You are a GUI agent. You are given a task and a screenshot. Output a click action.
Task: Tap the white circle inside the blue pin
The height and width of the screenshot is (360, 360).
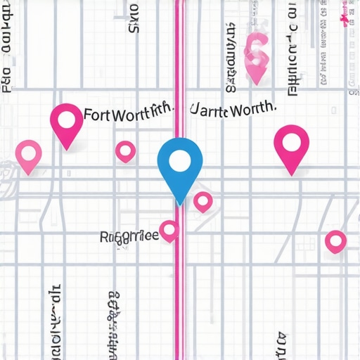(x=180, y=161)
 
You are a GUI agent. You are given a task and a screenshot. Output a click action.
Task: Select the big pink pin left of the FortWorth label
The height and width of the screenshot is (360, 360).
(x=67, y=124)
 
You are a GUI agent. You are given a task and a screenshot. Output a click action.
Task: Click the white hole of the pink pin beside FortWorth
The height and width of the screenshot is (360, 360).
(x=67, y=119)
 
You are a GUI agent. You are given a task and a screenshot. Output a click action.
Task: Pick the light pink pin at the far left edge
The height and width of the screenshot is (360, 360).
(x=28, y=155)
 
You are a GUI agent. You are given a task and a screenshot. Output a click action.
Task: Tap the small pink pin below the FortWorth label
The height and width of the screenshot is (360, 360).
(x=125, y=150)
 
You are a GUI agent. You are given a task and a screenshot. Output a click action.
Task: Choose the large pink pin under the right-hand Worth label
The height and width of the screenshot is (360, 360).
(x=292, y=147)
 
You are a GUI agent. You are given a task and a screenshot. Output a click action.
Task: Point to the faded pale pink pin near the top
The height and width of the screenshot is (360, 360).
(x=255, y=56)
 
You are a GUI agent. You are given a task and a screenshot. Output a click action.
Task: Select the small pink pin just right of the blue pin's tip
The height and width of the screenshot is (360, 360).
(x=203, y=202)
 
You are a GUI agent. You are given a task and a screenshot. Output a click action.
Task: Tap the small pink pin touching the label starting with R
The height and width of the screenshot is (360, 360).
(x=169, y=230)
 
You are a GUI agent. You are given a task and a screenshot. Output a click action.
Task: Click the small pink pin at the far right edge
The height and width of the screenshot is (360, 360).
(x=336, y=241)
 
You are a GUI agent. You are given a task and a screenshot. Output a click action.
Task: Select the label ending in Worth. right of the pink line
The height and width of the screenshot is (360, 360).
(x=232, y=112)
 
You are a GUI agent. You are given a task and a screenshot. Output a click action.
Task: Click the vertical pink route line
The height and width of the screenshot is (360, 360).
(x=179, y=295)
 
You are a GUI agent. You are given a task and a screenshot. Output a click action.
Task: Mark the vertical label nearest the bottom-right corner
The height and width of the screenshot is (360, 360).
(x=281, y=345)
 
